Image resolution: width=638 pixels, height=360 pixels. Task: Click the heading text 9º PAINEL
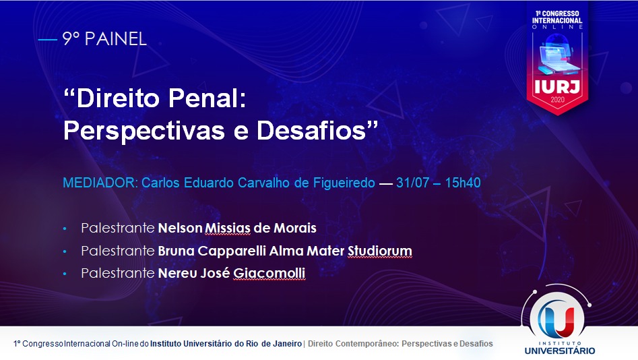[104, 39]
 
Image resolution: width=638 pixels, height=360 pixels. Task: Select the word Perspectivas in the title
[144, 131]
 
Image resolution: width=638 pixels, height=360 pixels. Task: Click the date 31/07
[412, 183]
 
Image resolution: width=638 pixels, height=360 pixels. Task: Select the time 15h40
[463, 183]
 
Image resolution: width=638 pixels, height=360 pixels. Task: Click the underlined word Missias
[228, 228]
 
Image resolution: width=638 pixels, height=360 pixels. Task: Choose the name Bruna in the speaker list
[177, 251]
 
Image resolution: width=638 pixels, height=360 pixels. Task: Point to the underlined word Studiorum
[379, 251]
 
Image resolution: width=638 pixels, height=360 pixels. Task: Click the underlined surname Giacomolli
[269, 273]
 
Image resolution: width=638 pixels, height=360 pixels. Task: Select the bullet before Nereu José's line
[65, 274]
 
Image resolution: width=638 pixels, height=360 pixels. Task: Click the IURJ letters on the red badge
[557, 86]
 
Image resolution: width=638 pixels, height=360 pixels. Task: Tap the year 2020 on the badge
[557, 100]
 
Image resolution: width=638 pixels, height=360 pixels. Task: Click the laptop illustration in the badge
[557, 57]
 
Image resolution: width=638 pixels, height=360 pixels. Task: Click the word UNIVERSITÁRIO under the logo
[560, 351]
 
